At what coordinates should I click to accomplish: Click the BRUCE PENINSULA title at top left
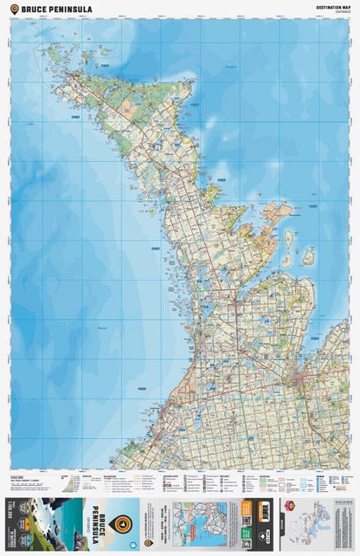[47, 8]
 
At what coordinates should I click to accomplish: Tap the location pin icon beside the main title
[13, 8]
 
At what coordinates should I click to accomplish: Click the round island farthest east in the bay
[307, 256]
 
